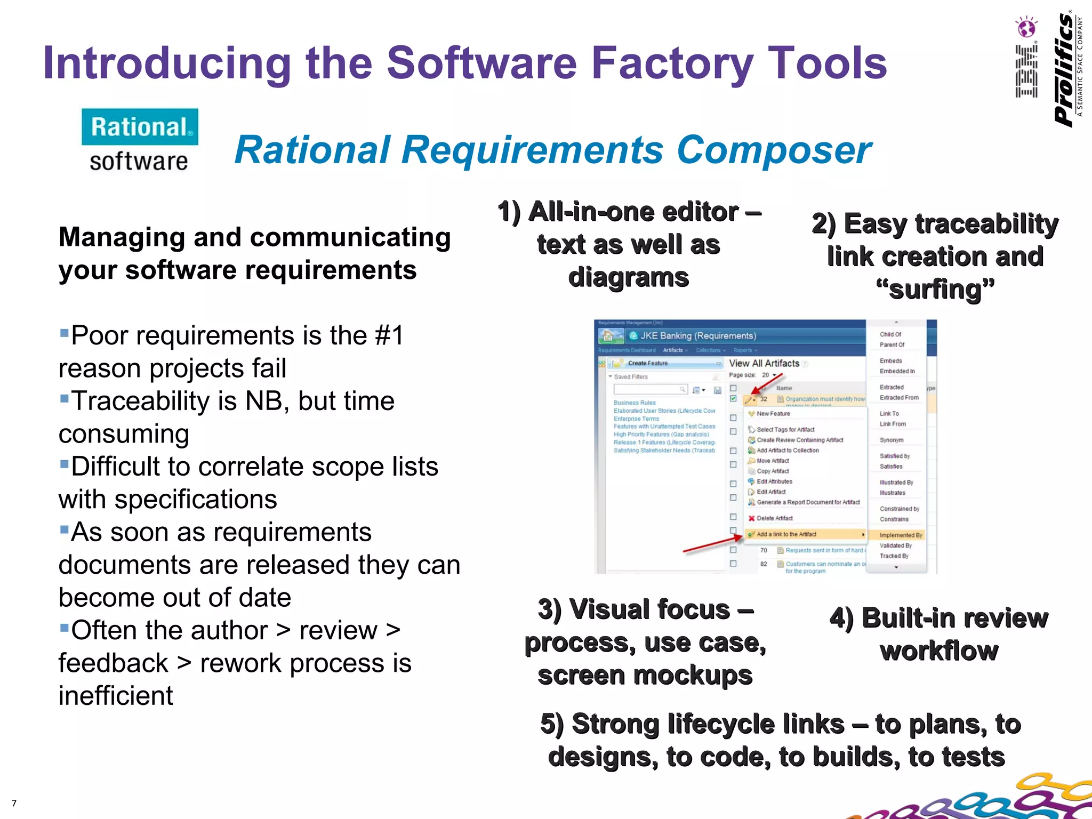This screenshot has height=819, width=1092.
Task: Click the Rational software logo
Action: pyautogui.click(x=140, y=140)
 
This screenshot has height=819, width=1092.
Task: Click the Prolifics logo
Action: pyautogui.click(x=1065, y=69)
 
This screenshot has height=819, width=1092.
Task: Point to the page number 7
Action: pyautogui.click(x=14, y=804)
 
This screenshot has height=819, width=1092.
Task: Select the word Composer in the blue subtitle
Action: pyautogui.click(x=774, y=150)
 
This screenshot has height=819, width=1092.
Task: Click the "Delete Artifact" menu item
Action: pyautogui.click(x=774, y=518)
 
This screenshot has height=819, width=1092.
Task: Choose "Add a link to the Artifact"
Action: pyautogui.click(x=786, y=534)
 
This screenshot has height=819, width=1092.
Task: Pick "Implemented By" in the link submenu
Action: pyautogui.click(x=901, y=535)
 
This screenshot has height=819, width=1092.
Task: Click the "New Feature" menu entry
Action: pyautogui.click(x=773, y=414)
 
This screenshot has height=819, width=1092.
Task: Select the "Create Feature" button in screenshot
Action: pyautogui.click(x=648, y=363)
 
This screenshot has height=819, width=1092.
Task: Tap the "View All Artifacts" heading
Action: pyautogui.click(x=764, y=363)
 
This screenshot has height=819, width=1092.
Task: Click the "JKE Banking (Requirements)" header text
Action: pyautogui.click(x=698, y=336)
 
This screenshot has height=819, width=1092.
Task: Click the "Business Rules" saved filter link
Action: pyautogui.click(x=635, y=403)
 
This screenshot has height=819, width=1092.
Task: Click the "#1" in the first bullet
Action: pyautogui.click(x=389, y=336)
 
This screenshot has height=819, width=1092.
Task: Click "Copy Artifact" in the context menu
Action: pyautogui.click(x=773, y=471)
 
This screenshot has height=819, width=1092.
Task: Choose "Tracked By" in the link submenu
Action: pyautogui.click(x=894, y=556)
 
